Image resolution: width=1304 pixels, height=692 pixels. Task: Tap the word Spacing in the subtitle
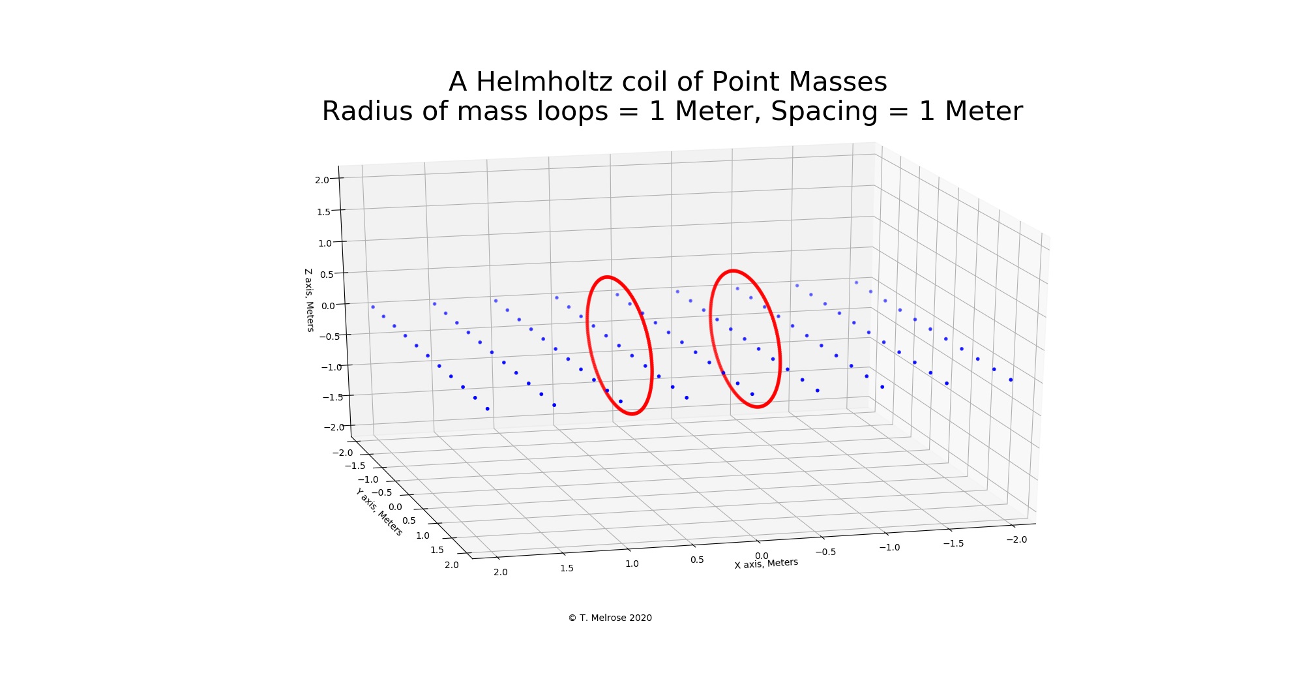click(x=824, y=112)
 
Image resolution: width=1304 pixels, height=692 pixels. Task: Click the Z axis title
click(x=309, y=300)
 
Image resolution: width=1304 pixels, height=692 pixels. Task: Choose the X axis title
click(x=766, y=563)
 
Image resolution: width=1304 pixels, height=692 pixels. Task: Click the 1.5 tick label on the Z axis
click(x=323, y=211)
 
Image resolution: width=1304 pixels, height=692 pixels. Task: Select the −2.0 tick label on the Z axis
click(x=334, y=427)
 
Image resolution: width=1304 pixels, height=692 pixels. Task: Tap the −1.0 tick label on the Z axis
click(x=331, y=367)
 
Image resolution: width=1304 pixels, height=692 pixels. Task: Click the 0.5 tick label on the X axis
click(x=697, y=560)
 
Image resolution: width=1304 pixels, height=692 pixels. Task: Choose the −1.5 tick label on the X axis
click(x=953, y=543)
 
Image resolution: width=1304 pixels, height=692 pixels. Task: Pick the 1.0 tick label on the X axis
click(x=632, y=564)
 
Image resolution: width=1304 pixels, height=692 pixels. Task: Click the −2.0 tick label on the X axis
click(x=1016, y=539)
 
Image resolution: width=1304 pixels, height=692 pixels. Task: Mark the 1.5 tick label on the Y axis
click(x=437, y=550)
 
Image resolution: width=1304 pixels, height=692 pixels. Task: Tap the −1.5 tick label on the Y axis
click(x=355, y=466)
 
